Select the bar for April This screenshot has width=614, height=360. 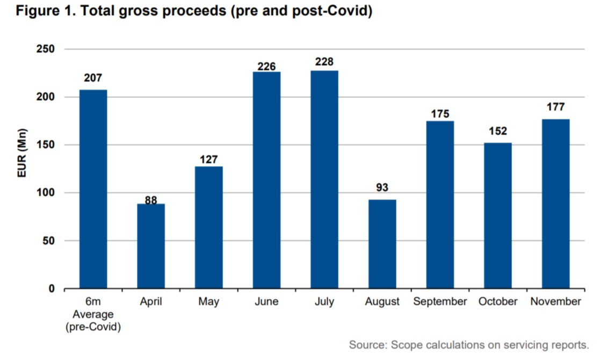(151, 246)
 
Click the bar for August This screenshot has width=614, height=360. (382, 244)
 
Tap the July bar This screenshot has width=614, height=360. (324, 179)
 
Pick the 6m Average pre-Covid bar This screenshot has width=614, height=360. (93, 189)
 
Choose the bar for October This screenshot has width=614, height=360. (497, 215)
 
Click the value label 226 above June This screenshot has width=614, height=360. (266, 67)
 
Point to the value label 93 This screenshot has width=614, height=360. (382, 188)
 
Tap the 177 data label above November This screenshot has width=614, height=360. (555, 107)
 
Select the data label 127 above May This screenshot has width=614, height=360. (208, 160)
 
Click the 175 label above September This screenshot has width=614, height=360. (440, 114)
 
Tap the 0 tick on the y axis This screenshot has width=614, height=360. (52, 289)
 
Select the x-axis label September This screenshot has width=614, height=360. (440, 302)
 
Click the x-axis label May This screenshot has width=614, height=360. (208, 302)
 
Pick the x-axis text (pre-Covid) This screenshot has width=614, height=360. (93, 326)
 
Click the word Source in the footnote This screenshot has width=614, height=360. (367, 344)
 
